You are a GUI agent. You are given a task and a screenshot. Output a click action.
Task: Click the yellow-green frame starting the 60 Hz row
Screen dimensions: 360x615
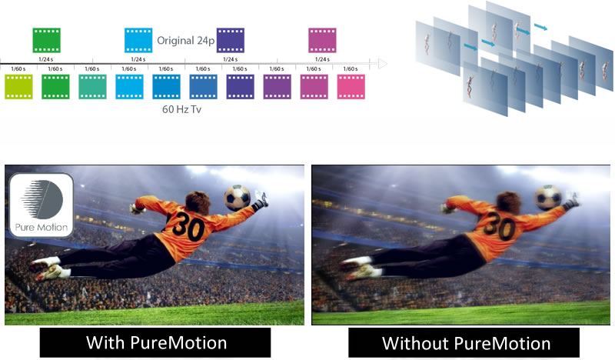(18, 87)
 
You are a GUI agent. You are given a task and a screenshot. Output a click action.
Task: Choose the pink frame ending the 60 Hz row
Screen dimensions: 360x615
(351, 87)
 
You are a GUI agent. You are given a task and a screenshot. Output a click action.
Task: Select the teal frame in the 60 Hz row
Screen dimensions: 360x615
(93, 87)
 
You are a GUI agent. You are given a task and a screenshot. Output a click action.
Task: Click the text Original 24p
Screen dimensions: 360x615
(184, 40)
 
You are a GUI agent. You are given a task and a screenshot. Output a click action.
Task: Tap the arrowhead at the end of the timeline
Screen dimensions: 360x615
(381, 63)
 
